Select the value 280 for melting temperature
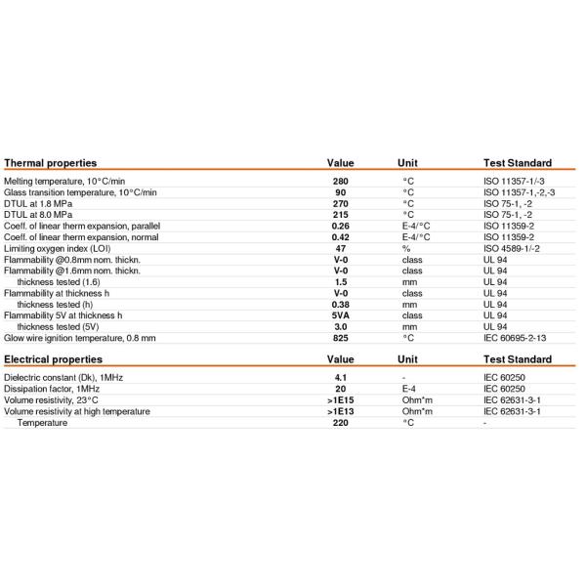[x=340, y=182]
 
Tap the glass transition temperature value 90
[x=340, y=192]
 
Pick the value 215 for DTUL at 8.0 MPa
[x=340, y=215]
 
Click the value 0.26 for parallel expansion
[x=340, y=226]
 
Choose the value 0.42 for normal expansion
[x=340, y=237]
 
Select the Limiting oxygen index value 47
[x=340, y=248]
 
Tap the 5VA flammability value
[x=340, y=315]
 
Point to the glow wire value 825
[x=340, y=338]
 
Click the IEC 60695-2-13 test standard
[x=518, y=338]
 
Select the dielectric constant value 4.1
[x=340, y=378]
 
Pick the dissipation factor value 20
[x=340, y=389]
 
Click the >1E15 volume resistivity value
[x=340, y=400]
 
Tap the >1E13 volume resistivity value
[x=340, y=411]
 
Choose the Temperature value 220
[x=340, y=423]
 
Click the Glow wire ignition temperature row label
[x=80, y=338]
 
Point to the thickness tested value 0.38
[x=340, y=305]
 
